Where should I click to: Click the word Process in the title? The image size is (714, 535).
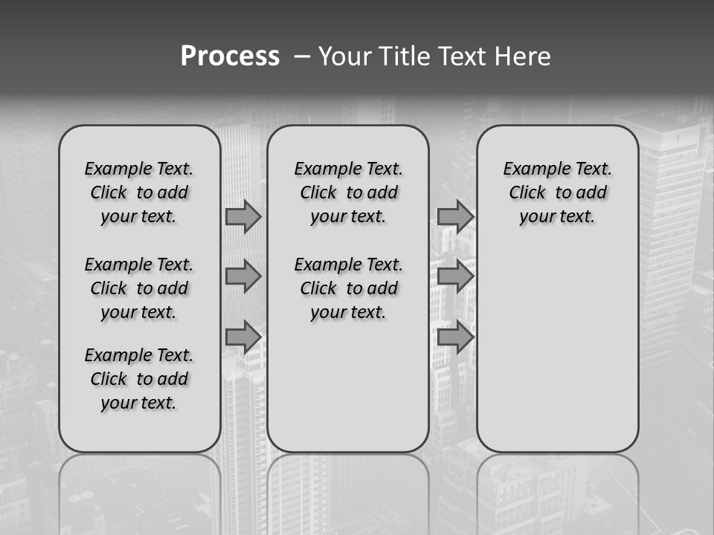point(230,56)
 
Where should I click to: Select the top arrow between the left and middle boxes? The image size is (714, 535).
point(243,216)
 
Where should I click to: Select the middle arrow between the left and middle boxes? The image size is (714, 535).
point(243,276)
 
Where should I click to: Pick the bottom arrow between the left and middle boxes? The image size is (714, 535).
point(243,337)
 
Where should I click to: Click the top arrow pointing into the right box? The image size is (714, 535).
point(455,216)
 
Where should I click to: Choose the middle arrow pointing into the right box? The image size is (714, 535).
point(455,276)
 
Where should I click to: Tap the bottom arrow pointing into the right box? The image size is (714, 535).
point(455,337)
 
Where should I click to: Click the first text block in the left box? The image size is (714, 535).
point(139,192)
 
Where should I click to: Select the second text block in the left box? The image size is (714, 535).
point(139,288)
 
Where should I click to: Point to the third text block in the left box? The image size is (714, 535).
point(139,379)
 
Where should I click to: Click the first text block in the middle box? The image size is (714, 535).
point(349,192)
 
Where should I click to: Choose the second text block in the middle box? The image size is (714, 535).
point(349,288)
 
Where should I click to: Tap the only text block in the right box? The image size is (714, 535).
point(558,192)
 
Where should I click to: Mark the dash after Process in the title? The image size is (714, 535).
point(301,56)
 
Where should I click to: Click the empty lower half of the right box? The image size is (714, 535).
point(558,357)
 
